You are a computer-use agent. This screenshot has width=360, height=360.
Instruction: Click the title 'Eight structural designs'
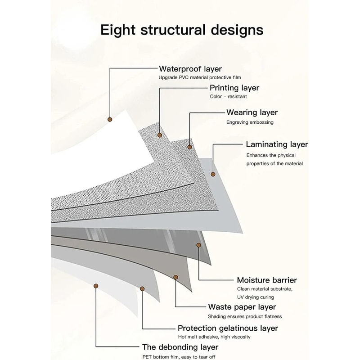[181, 30]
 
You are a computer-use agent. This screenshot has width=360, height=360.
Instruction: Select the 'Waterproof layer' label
[190, 69]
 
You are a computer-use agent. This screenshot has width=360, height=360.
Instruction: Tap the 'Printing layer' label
[234, 88]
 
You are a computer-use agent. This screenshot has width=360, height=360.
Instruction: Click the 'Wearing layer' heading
[252, 112]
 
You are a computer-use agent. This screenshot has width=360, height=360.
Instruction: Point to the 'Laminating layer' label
[277, 144]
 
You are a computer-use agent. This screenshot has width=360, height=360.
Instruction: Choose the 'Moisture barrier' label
[267, 280]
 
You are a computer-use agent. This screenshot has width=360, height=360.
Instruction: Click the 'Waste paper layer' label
[242, 307]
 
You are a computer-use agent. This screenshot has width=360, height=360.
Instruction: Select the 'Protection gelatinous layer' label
[228, 328]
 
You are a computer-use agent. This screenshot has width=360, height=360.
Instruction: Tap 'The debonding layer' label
[180, 347]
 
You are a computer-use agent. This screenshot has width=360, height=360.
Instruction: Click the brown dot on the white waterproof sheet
[109, 119]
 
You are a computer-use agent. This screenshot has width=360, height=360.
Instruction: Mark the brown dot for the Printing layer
[160, 135]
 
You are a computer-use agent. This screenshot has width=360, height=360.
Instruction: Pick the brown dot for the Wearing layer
[190, 147]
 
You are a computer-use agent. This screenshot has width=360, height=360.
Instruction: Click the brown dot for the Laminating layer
[213, 174]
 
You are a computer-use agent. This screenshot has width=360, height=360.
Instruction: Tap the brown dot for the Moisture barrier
[198, 245]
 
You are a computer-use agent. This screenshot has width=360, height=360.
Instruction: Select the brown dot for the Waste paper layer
[175, 278]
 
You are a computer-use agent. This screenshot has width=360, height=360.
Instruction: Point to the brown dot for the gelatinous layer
[142, 288]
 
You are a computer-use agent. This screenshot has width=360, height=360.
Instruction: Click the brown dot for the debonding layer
[95, 285]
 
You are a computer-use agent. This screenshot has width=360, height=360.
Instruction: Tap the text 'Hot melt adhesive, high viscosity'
[214, 337]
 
